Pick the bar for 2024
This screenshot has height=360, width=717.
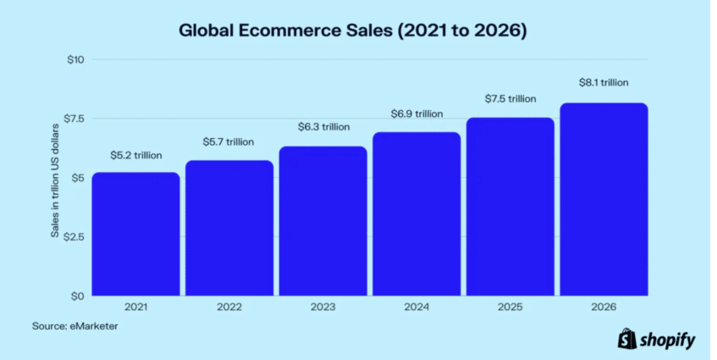coord(416,213)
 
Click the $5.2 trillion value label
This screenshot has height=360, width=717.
coord(135,156)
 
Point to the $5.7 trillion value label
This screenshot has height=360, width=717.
coord(229,141)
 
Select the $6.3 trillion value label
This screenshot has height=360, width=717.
coord(323,127)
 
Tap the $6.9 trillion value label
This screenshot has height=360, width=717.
coord(416,114)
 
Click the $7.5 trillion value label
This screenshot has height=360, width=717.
coord(510,98)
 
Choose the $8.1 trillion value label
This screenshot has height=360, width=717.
coord(604,83)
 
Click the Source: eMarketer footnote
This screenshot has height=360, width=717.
coord(75,326)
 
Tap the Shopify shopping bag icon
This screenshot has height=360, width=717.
coord(627,340)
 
